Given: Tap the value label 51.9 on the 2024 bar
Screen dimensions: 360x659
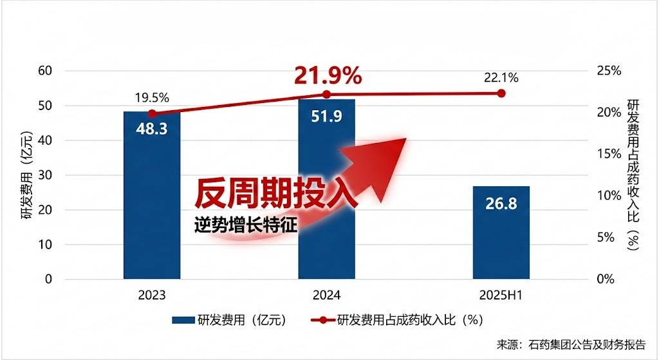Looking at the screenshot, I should click(326, 118).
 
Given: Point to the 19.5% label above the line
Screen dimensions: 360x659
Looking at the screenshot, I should click(152, 99).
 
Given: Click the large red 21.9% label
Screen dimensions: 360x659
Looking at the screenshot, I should click(328, 76).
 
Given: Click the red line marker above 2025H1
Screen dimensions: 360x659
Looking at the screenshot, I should click(501, 93).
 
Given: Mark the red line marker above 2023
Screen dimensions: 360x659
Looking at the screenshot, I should click(152, 113).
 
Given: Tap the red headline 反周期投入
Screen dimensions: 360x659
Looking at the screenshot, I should click(275, 193).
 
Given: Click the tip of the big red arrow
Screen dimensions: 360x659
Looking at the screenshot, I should click(405, 139).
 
